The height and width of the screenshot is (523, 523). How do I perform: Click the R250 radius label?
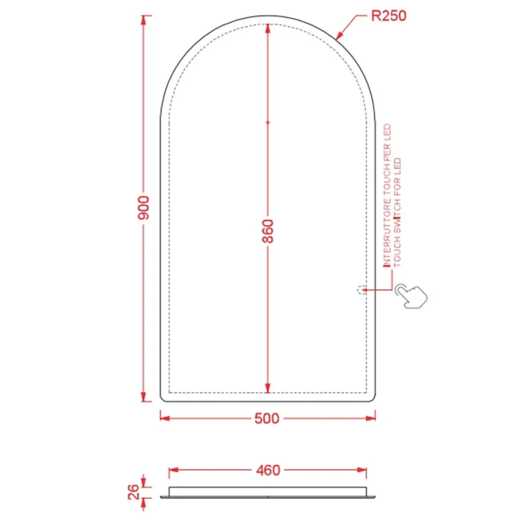point(389,16)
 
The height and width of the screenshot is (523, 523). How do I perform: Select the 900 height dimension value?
point(143,208)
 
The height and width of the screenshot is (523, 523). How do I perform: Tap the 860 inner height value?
point(267,231)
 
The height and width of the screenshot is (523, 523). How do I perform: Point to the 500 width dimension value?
point(267,418)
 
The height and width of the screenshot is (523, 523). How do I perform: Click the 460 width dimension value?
point(268,470)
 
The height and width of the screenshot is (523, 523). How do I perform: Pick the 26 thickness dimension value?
point(134,492)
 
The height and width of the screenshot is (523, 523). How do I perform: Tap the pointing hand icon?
point(411,296)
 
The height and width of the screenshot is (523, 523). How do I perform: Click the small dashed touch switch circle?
point(361,290)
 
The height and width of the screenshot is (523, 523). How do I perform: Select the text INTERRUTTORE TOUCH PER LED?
point(387,196)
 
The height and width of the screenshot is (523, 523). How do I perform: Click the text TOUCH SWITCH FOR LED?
point(397,212)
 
